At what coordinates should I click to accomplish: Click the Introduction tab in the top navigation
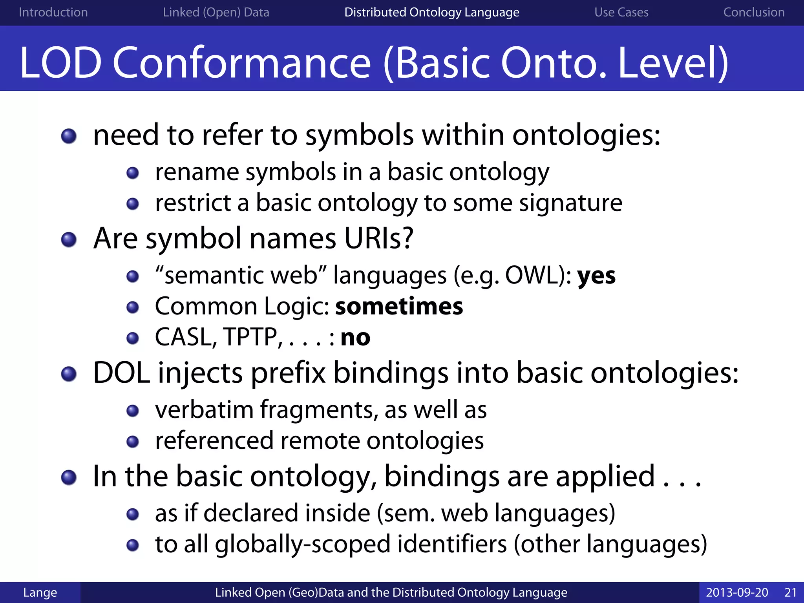pyautogui.click(x=53, y=12)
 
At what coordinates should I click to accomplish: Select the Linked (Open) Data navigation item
pyautogui.click(x=216, y=12)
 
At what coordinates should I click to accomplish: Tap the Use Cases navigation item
pyautogui.click(x=621, y=12)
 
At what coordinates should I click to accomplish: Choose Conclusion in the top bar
pyautogui.click(x=754, y=12)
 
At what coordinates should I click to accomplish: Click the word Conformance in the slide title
pyautogui.click(x=241, y=63)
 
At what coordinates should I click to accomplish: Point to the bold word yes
pyautogui.click(x=596, y=276)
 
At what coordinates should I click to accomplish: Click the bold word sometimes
pyautogui.click(x=399, y=307)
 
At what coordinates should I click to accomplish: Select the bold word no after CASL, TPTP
pyautogui.click(x=355, y=338)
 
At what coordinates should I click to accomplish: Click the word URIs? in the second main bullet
pyautogui.click(x=378, y=238)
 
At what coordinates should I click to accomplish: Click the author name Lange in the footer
pyautogui.click(x=40, y=592)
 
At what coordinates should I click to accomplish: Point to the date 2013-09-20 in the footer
pyautogui.click(x=736, y=592)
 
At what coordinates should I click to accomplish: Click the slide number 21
pyautogui.click(x=790, y=592)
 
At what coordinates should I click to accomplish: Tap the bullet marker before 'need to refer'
pyautogui.click(x=69, y=136)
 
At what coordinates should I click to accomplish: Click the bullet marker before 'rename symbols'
pyautogui.click(x=133, y=173)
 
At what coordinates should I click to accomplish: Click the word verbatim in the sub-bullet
pyautogui.click(x=204, y=410)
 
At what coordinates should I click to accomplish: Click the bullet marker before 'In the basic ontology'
pyautogui.click(x=69, y=477)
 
